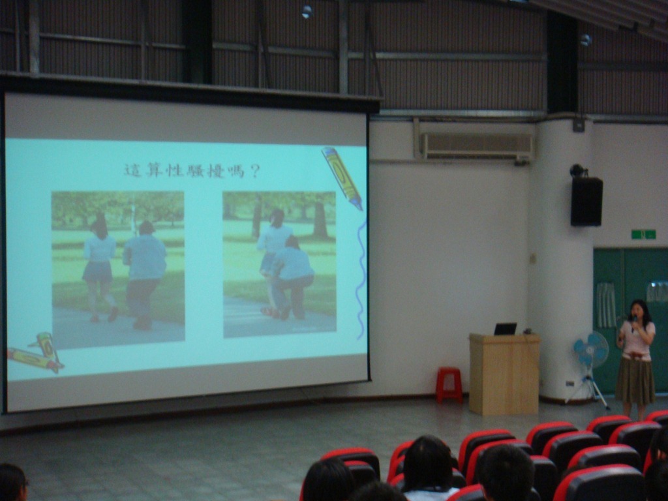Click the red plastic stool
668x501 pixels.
coord(449,385)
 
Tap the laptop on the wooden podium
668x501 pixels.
coord(506,329)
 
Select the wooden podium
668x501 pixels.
coord(504,374)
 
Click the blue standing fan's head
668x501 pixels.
coord(591,350)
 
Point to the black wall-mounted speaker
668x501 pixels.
coord(586,201)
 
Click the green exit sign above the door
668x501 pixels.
coord(643,234)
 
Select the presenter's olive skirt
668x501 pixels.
coord(635,381)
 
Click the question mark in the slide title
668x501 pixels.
coord(255,172)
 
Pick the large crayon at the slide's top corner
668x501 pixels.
coord(342,177)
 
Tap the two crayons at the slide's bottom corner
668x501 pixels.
coord(37,353)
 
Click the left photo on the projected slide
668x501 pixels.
coord(118,269)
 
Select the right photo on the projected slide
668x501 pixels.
coord(279,264)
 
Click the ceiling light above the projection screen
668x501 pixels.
coord(307,12)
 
